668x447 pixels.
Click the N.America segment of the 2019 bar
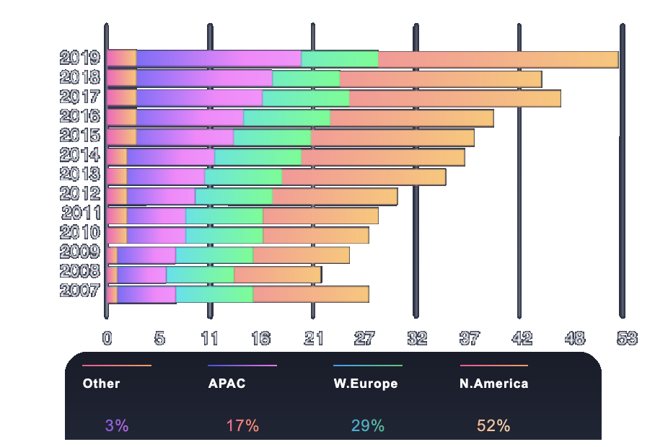coord(498,59)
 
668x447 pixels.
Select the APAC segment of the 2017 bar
coord(199,98)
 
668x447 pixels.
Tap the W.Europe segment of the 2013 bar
coord(243,177)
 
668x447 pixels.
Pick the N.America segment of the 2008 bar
coord(278,275)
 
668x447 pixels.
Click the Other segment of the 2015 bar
coord(121,137)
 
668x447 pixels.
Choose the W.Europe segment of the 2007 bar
coord(214,294)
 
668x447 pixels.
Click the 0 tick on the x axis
coord(107,337)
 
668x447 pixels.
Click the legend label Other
coord(101,384)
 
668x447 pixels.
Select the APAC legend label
coord(227,384)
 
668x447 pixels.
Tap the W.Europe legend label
coord(365,384)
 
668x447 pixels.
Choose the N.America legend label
coord(493,384)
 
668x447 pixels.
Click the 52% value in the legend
coord(493,425)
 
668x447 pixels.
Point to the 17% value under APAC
coord(242,425)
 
